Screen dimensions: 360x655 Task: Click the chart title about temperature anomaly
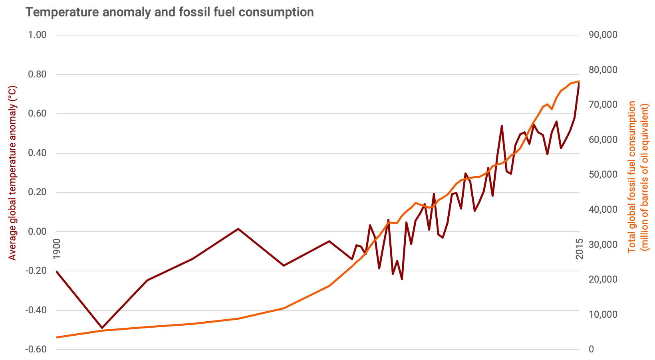click(x=170, y=12)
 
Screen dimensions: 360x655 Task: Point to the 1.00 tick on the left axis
click(x=37, y=35)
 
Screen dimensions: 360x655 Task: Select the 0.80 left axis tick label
click(x=37, y=74)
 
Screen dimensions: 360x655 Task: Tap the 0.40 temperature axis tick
click(x=37, y=153)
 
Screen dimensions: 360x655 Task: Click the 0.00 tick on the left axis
click(x=37, y=231)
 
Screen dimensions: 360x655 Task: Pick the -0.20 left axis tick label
click(x=36, y=271)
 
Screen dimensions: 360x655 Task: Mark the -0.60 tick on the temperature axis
click(x=36, y=349)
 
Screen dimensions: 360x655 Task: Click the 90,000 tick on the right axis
click(x=603, y=35)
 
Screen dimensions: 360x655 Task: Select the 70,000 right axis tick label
click(x=603, y=105)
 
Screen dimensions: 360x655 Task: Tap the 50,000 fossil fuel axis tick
click(x=603, y=174)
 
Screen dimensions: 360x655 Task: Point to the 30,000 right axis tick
click(x=603, y=244)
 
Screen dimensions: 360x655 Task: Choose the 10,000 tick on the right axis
click(x=603, y=315)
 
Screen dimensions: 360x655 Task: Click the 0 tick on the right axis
click(x=591, y=349)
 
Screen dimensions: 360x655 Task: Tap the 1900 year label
click(x=57, y=249)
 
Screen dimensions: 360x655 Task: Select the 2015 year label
click(x=580, y=249)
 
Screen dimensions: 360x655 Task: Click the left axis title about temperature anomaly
click(x=13, y=173)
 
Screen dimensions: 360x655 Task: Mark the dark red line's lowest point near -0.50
click(x=102, y=328)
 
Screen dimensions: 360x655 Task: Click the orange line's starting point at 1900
click(x=57, y=337)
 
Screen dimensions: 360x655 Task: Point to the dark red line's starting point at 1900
click(x=57, y=271)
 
